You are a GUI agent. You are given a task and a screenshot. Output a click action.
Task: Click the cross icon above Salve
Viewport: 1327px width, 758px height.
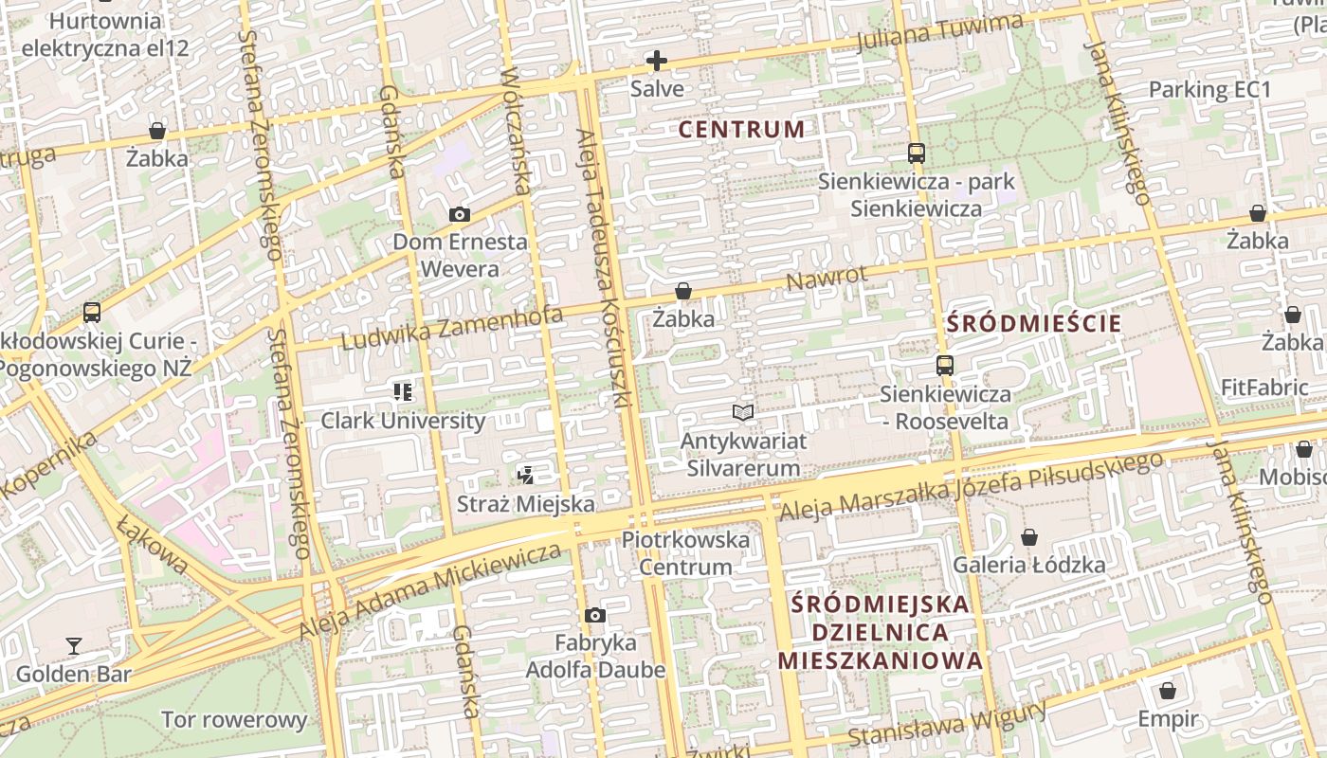click(656, 62)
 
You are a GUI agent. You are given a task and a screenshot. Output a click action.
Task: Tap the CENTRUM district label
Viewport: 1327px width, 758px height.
click(742, 130)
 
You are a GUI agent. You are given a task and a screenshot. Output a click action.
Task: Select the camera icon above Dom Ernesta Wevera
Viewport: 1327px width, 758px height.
click(460, 215)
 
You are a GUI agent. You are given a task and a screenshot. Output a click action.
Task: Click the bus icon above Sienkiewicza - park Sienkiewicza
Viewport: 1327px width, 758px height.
click(916, 153)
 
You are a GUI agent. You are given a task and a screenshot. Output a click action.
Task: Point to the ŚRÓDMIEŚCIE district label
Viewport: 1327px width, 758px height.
click(1034, 323)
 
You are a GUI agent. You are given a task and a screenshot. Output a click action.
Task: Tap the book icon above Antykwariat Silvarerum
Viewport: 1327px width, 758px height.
click(743, 413)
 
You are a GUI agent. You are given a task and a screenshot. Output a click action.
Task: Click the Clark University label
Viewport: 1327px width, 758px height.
click(403, 421)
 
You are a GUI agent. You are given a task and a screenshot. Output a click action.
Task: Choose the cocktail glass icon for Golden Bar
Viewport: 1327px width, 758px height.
click(73, 646)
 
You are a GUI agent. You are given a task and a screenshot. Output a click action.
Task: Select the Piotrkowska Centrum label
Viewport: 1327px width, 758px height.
click(685, 553)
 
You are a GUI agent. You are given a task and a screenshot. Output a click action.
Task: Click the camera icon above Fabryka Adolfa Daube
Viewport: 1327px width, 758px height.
click(595, 616)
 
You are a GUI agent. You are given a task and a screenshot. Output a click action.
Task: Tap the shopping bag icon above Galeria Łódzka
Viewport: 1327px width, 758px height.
click(1028, 538)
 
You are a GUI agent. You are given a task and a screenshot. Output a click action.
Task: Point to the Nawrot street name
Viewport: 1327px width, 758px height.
click(827, 280)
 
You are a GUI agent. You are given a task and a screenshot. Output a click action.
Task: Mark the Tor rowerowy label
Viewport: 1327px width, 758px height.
click(234, 720)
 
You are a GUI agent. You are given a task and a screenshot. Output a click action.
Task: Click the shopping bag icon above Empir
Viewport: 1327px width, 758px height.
click(1168, 691)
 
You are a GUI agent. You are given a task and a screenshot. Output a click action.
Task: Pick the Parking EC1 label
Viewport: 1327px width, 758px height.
click(1209, 90)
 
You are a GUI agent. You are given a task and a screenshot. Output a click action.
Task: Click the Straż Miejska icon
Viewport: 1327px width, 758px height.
click(526, 475)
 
